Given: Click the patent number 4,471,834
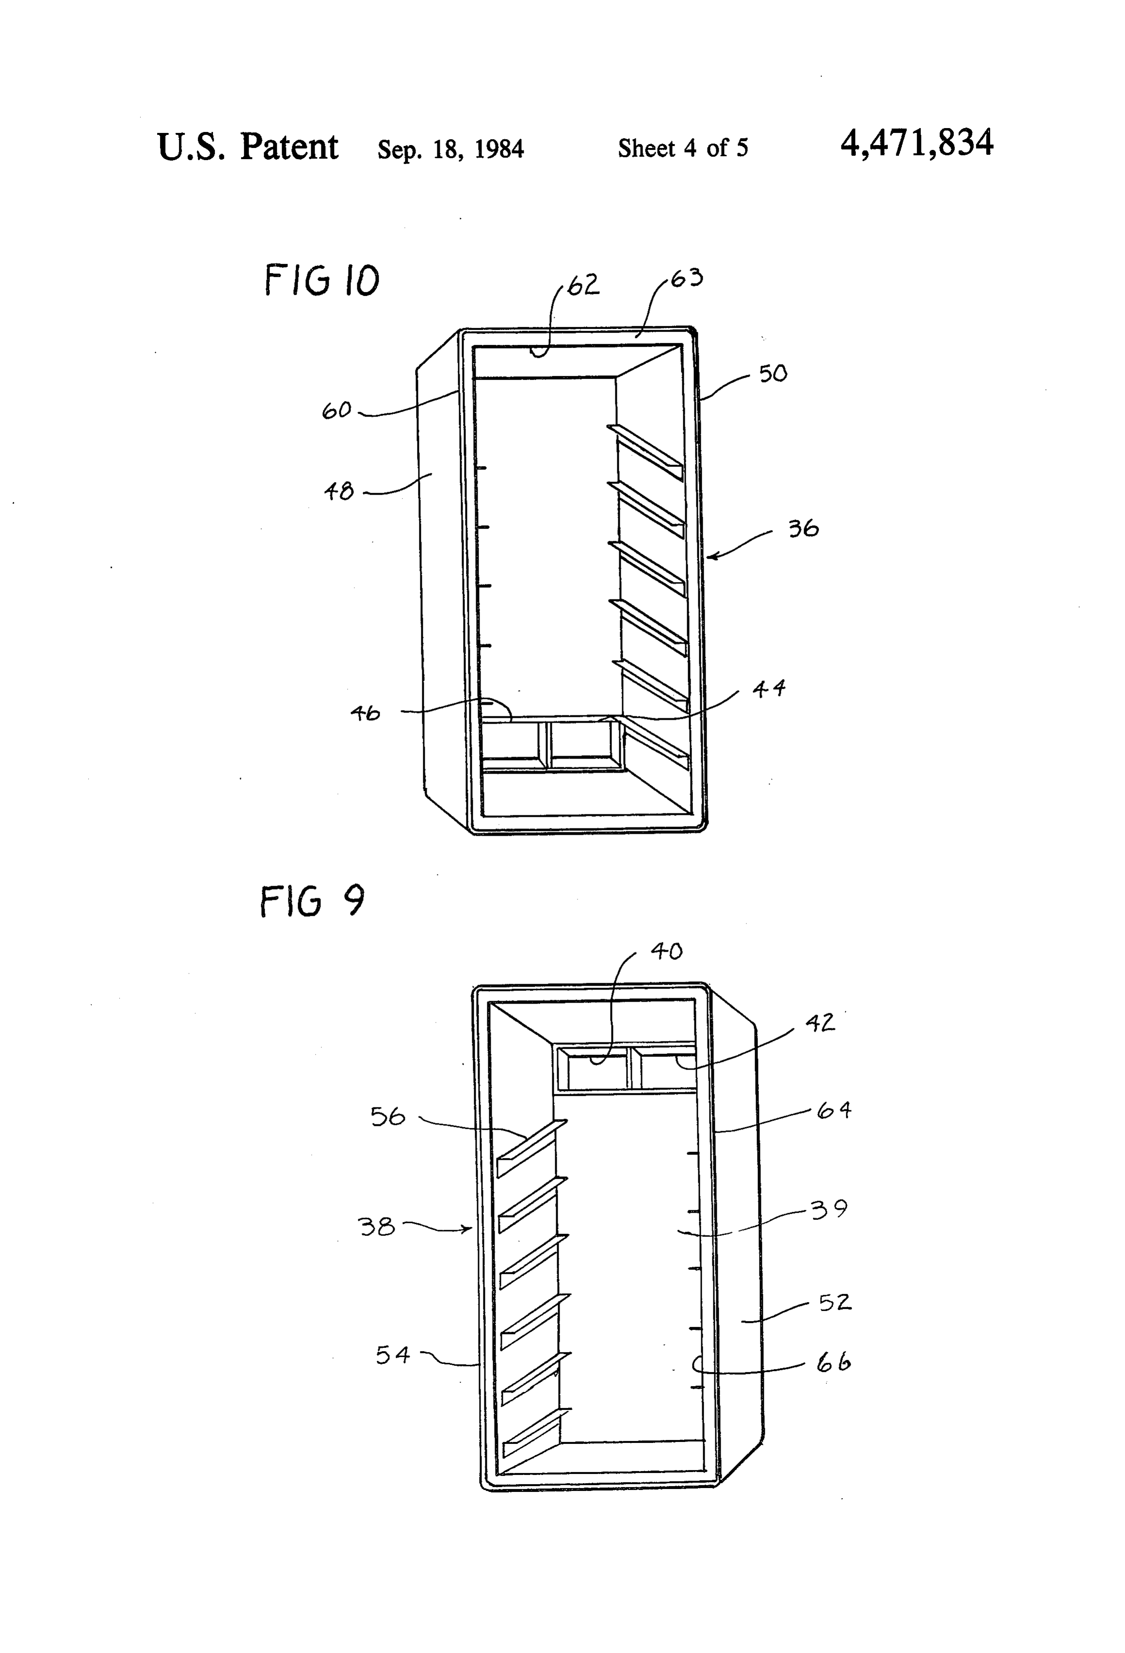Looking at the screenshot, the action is (916, 144).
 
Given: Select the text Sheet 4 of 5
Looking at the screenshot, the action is (683, 148).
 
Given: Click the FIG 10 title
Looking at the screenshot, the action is (322, 279).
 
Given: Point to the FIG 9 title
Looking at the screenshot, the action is (312, 901).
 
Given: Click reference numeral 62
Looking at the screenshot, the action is (583, 285).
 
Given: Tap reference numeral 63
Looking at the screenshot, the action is (687, 277).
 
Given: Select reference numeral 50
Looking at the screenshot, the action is (773, 373).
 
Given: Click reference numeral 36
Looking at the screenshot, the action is (804, 529).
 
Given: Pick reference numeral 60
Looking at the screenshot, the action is (337, 410).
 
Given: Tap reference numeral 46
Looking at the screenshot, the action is (366, 713).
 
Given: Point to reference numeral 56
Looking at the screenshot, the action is (387, 1116).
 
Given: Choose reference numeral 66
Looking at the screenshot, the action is (834, 1362).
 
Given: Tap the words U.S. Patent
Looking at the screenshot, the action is (247, 147).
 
